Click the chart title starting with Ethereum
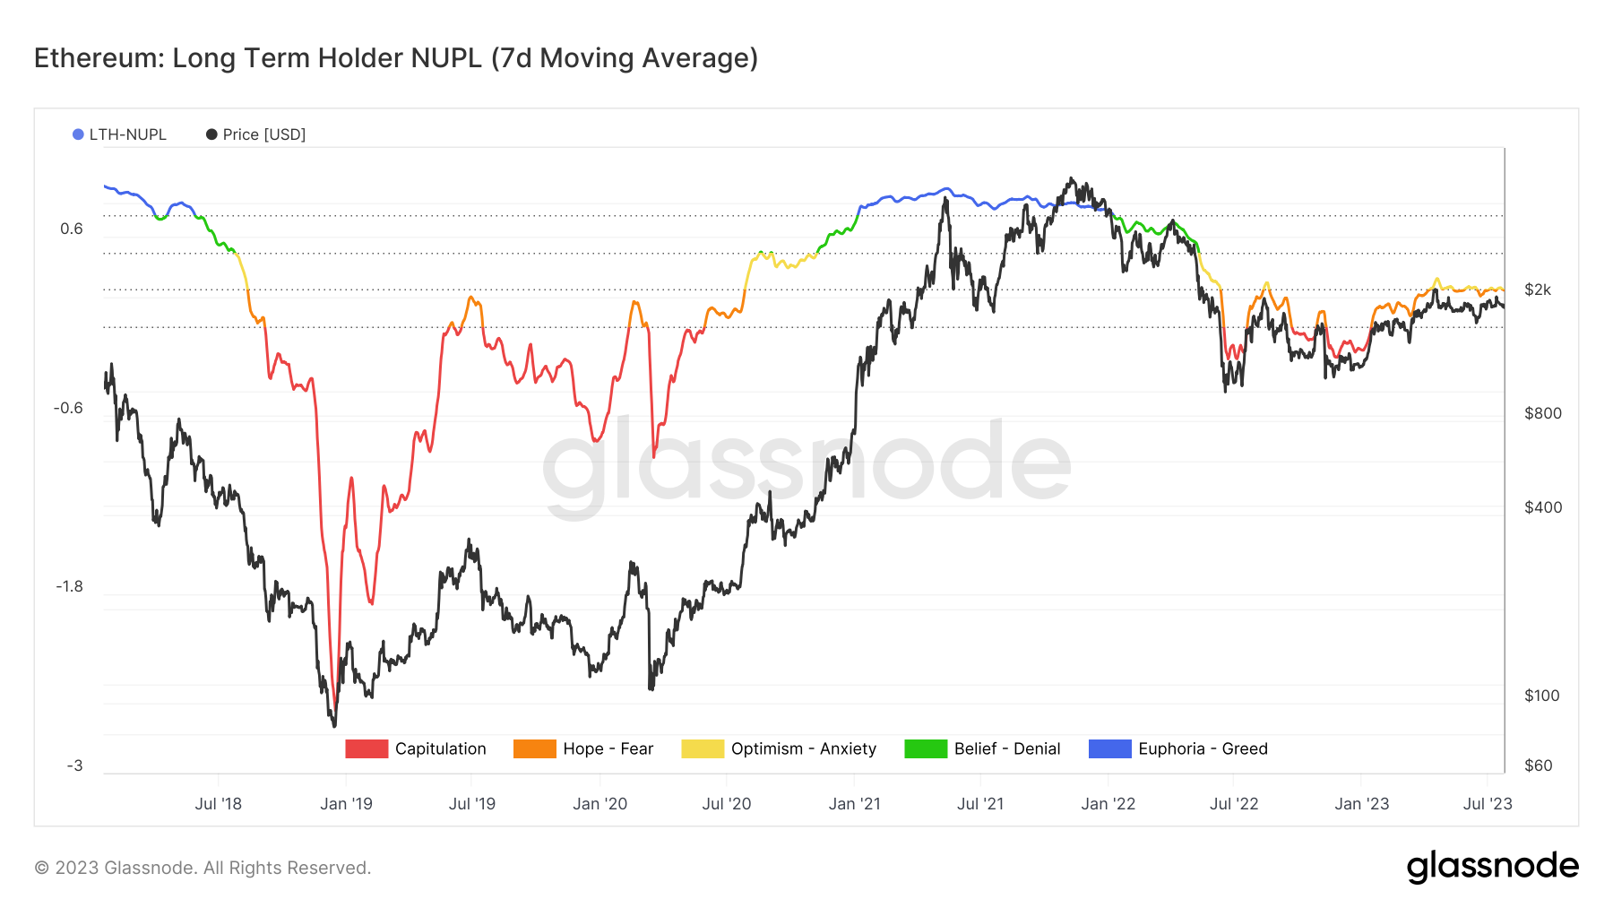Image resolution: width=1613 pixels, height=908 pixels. coord(395,58)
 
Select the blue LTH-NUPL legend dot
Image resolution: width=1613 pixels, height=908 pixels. coord(78,134)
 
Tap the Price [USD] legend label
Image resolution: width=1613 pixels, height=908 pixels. coord(263,134)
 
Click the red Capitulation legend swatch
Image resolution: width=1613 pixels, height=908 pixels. coord(367,748)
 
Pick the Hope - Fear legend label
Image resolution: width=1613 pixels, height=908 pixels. coord(608,748)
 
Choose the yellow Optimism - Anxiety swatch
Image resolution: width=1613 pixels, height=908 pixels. coord(702,748)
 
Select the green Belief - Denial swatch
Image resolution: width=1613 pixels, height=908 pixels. coord(926,748)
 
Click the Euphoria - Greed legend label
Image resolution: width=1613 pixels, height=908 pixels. coord(1203,748)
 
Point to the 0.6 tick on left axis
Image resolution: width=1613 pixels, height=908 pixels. coord(72,229)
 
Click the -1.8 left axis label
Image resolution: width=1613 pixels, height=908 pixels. coord(69,586)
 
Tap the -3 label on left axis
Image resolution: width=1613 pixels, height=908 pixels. coord(74,765)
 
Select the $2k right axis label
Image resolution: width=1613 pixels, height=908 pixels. coord(1538,290)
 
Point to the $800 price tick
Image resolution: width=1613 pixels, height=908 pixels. coord(1542,413)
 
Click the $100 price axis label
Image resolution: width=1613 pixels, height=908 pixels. coord(1542,696)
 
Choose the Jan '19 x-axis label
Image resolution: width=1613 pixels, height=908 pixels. coord(346,804)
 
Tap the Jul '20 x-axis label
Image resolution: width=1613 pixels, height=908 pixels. coord(727,804)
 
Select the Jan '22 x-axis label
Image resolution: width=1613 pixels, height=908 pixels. coord(1108,804)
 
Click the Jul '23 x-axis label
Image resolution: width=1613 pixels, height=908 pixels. coord(1488,804)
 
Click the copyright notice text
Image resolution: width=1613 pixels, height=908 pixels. coord(203,868)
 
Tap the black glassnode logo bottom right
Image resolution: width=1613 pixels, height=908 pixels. coord(1492,867)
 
